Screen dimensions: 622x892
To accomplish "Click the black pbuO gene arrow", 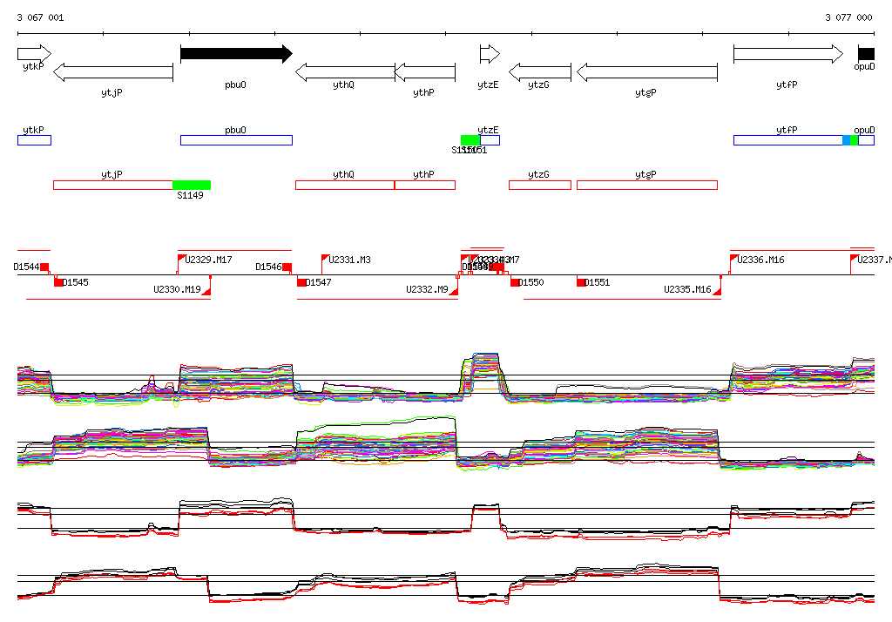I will [235, 54].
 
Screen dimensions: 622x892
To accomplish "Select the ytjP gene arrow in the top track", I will [113, 72].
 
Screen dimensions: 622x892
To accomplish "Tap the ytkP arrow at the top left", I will [34, 54].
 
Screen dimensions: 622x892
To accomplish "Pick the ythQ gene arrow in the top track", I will [345, 72].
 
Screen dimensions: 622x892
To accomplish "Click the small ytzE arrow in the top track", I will [489, 54].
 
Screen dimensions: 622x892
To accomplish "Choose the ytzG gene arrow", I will [539, 72].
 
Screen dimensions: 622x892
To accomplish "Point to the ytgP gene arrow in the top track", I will [646, 72].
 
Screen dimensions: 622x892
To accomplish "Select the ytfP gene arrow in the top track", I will [787, 54].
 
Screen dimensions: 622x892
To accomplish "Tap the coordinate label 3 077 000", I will [848, 17].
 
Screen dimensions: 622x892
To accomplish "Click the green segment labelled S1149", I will [192, 185].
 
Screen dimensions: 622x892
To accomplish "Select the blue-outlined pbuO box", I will [236, 140].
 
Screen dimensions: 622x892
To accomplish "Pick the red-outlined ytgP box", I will [646, 185].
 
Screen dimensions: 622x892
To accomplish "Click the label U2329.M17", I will [208, 260].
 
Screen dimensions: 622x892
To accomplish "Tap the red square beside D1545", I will [58, 282].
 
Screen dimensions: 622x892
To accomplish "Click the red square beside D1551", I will [581, 282].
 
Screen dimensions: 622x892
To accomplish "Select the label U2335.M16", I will [687, 289].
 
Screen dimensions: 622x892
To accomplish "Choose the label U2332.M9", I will [427, 289].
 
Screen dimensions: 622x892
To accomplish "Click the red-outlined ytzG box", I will [539, 185].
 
